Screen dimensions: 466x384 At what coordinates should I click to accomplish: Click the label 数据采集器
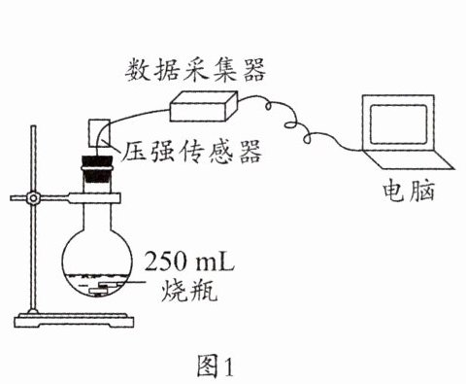point(195,70)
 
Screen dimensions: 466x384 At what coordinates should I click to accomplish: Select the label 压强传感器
point(191,152)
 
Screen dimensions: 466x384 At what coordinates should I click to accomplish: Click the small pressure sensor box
point(99,133)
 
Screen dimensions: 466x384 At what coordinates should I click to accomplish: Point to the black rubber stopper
point(97,169)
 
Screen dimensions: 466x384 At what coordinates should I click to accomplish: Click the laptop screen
point(398,124)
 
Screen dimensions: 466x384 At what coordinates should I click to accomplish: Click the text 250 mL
point(189,262)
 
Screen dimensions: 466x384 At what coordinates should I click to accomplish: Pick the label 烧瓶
point(189,290)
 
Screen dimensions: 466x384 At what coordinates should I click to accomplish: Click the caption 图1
point(216,366)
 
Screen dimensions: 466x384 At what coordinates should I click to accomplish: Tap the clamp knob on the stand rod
point(33,197)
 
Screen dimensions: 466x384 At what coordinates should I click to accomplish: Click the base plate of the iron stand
point(74,320)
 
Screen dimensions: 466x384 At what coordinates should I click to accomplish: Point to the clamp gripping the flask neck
point(94,198)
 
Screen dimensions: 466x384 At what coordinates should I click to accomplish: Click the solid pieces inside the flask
point(103,288)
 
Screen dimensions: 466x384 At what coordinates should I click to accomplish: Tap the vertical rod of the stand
point(33,220)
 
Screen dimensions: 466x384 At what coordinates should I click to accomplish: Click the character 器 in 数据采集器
point(254,70)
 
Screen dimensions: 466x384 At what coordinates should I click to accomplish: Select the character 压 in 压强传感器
point(133,152)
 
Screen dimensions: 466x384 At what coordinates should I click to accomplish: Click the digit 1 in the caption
point(229,367)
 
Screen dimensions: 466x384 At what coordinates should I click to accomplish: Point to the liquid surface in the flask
point(97,276)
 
